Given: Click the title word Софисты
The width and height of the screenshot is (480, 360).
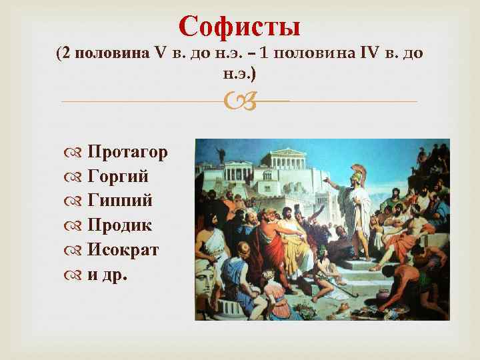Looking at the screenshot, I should (x=240, y=27).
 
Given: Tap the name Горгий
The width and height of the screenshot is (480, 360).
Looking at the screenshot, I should (x=118, y=176).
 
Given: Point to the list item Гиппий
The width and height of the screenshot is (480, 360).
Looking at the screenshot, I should (x=120, y=201).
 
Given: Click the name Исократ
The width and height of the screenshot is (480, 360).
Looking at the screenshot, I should (x=123, y=250).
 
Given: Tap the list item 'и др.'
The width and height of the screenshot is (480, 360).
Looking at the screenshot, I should (x=106, y=275).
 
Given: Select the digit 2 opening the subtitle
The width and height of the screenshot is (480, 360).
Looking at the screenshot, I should (x=65, y=54).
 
